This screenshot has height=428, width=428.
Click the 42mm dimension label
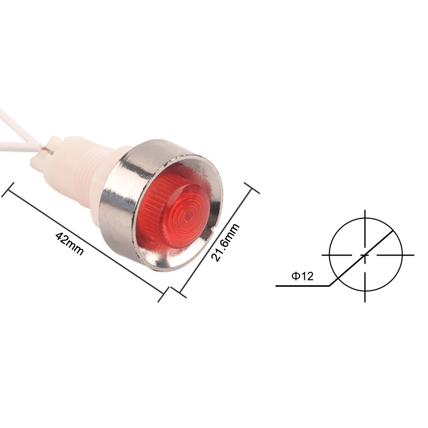70,243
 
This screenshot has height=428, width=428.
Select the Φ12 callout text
302,277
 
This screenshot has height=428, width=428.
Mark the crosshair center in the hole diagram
365,255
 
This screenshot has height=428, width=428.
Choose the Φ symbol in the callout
295,277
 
